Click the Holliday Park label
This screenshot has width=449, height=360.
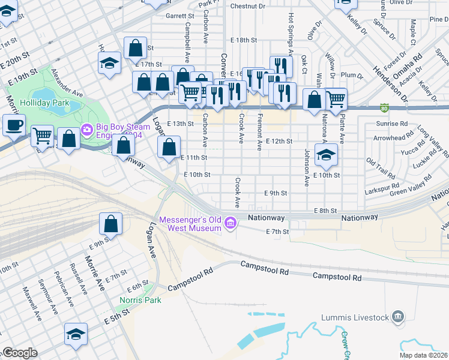(x=44, y=103)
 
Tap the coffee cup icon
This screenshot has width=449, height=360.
(x=13, y=125)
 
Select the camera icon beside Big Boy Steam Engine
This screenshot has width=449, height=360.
(x=88, y=129)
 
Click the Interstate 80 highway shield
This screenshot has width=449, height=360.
(x=384, y=109)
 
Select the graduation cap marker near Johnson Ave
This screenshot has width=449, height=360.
(x=326, y=155)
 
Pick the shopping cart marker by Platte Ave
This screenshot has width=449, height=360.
(x=336, y=98)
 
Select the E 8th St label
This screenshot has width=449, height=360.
(x=327, y=211)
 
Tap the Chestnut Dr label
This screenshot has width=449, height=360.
(x=247, y=6)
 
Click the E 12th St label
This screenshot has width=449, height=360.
(x=279, y=142)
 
